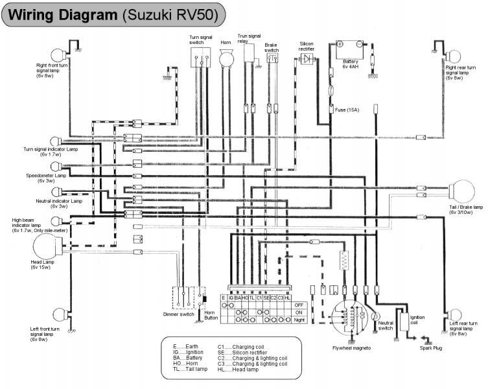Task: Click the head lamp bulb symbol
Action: coord(44,248)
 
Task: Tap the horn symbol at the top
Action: coord(226,58)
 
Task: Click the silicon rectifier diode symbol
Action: coord(306,58)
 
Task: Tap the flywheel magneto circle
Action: coord(350,318)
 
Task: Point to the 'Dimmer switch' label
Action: coord(179,314)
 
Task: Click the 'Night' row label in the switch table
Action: coord(299,319)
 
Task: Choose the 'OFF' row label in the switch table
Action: coord(299,304)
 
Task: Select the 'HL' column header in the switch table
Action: coord(288,297)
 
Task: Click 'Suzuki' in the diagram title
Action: coord(148,14)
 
